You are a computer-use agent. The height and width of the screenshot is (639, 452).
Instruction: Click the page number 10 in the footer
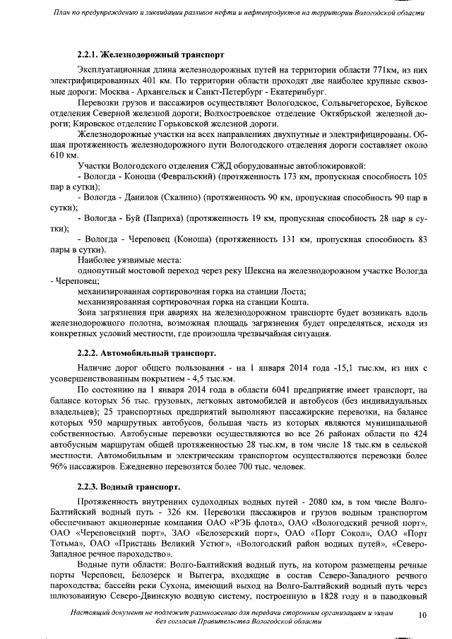click(422, 616)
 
